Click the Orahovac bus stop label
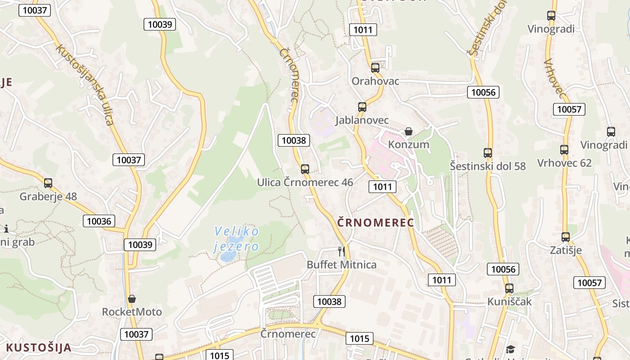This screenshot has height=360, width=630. click(375, 81)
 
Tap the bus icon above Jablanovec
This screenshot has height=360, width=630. click(362, 107)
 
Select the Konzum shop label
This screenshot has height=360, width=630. click(409, 144)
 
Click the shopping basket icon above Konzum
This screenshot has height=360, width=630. click(409, 131)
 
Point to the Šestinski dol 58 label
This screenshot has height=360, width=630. click(488, 166)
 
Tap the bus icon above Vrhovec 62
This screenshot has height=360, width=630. click(564, 150)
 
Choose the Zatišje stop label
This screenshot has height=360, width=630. click(566, 250)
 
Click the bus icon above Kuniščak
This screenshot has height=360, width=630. click(509, 288)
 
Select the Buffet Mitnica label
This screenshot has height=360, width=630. click(342, 265)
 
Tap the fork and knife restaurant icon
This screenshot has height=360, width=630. click(342, 251)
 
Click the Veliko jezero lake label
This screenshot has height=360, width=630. click(237, 239)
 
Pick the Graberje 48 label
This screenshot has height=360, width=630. click(48, 197)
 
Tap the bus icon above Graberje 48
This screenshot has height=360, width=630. click(48, 183)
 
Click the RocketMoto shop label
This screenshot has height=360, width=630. click(132, 312)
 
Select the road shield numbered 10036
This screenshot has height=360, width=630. click(99, 221)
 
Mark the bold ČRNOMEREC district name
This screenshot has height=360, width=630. click(376, 222)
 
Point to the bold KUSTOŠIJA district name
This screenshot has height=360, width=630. click(39, 347)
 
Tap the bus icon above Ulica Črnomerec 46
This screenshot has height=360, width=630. click(305, 169)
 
